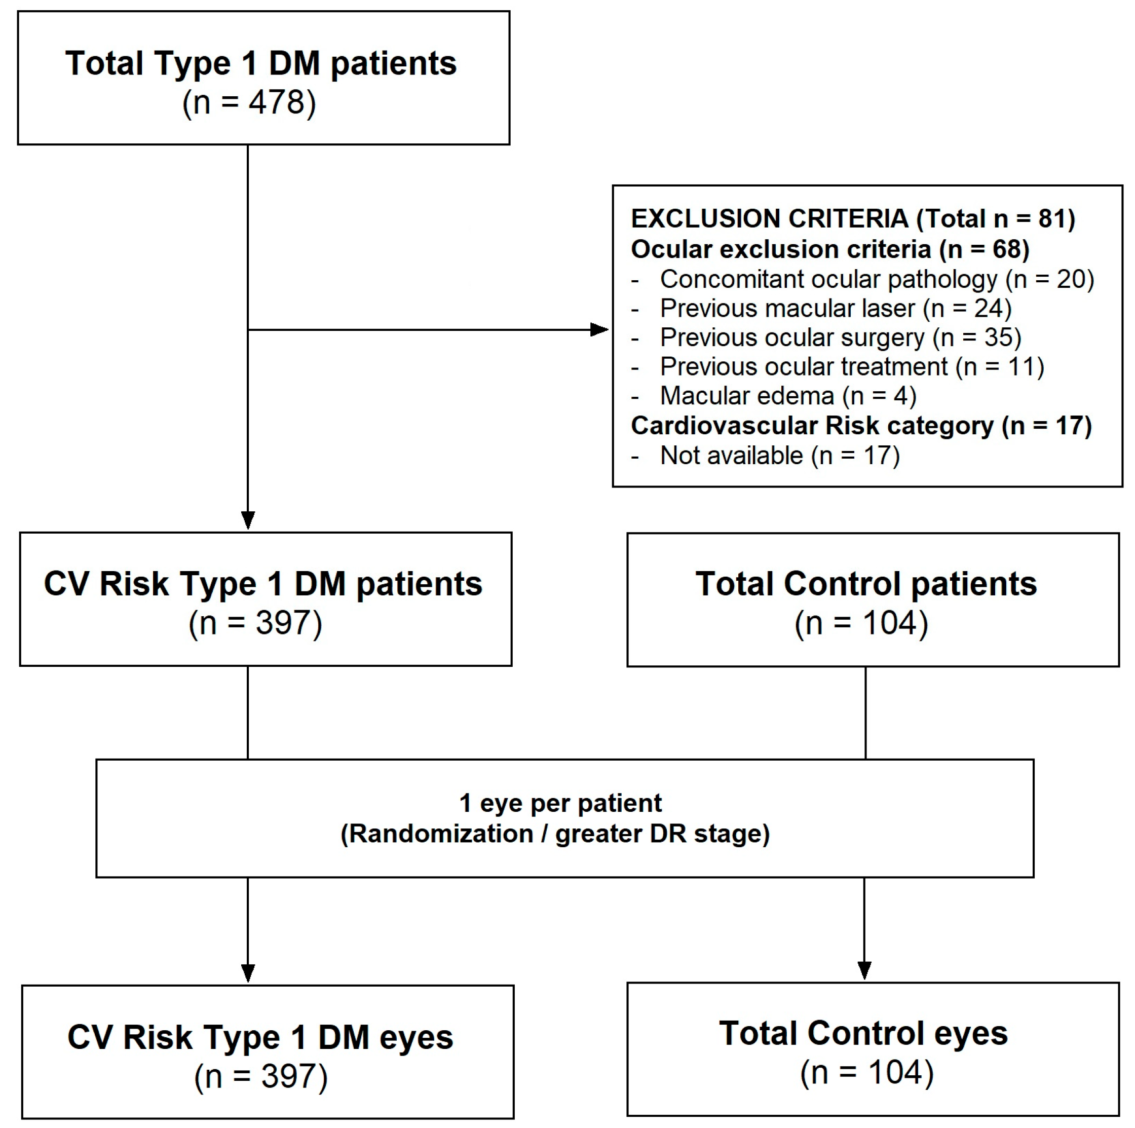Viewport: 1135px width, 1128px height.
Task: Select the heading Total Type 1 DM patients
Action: tap(261, 63)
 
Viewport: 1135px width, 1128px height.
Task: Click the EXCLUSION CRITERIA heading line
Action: tap(853, 218)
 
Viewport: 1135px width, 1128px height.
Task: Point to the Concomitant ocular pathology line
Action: tap(862, 279)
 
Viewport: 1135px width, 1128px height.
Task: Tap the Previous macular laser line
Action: tap(821, 309)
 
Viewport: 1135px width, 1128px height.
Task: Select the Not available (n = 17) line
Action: tap(766, 456)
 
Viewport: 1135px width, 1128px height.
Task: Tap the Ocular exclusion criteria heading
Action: tap(830, 249)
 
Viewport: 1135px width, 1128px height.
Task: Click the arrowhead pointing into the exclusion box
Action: tap(599, 329)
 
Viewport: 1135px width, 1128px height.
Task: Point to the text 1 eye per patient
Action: tap(560, 803)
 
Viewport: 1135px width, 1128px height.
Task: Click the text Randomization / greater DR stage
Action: tap(555, 834)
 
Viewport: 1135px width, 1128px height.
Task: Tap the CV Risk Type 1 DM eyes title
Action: tap(260, 1037)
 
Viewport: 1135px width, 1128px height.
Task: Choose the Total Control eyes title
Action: tap(863, 1033)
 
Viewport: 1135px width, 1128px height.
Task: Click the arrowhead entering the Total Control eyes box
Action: tap(865, 970)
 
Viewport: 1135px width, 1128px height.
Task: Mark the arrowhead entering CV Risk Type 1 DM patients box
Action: tap(248, 520)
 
